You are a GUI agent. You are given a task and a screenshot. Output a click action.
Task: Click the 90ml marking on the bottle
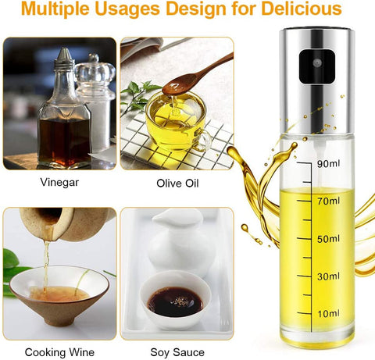pos(328,164)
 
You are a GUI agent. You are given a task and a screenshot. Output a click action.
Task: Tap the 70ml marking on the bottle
pos(328,201)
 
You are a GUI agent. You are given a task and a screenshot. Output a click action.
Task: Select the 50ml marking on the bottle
pos(328,239)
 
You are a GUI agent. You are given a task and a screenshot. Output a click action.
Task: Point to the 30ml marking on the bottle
pos(328,276)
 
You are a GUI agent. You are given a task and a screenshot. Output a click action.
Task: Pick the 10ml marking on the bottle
pos(328,314)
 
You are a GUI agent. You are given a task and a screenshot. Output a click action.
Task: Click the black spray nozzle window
pos(317,66)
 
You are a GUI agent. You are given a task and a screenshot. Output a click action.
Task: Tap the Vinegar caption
pos(59,182)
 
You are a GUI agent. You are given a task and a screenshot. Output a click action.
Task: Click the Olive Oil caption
pos(177,184)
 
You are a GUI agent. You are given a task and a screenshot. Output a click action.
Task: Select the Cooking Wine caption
pos(59,352)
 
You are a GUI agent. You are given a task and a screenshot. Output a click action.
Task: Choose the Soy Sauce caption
pos(177,352)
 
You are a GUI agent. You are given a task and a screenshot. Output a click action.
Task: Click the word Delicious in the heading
pos(302,9)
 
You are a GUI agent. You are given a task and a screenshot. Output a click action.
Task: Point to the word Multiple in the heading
pos(55,9)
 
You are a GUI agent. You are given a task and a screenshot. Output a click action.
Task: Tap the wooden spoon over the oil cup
pos(197,75)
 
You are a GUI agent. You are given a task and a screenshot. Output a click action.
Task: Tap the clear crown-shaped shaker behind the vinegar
pos(95,102)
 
